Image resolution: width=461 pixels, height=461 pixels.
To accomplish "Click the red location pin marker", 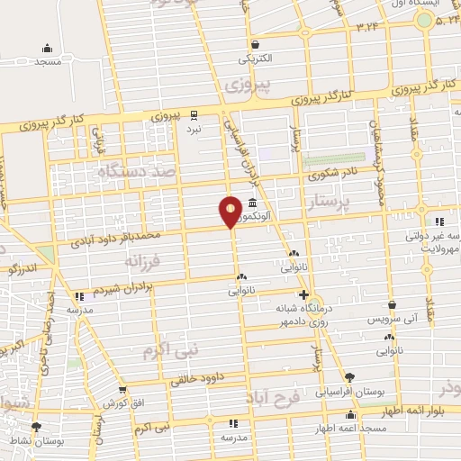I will [230, 212].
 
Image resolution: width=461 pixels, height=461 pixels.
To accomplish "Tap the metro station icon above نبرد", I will [194, 114].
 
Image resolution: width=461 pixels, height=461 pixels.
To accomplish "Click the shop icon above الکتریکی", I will [255, 43].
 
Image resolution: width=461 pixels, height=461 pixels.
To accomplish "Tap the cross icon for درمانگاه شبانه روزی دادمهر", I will [303, 294].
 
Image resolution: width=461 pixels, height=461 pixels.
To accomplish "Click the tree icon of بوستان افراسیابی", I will [350, 378].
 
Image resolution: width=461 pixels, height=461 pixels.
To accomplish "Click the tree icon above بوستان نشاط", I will [36, 427].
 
